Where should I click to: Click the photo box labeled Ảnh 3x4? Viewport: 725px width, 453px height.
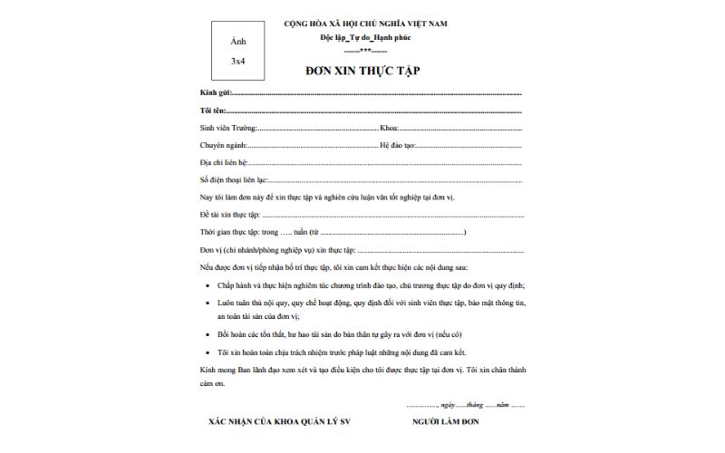(x=237, y=51)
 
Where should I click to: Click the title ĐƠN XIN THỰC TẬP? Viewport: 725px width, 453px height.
(x=362, y=71)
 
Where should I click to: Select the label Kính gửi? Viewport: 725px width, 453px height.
(x=216, y=93)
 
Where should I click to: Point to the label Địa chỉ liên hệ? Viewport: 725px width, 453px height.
(x=223, y=162)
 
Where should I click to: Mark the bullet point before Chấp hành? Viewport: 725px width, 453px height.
(x=209, y=284)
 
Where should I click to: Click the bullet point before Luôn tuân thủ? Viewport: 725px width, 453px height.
(x=209, y=302)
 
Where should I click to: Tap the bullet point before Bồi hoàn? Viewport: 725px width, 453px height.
(x=209, y=334)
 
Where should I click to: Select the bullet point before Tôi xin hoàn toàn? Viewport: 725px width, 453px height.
(x=209, y=352)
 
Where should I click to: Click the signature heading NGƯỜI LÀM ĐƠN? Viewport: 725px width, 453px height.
(x=445, y=422)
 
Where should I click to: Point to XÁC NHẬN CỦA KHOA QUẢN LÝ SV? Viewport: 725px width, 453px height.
(x=271, y=422)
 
